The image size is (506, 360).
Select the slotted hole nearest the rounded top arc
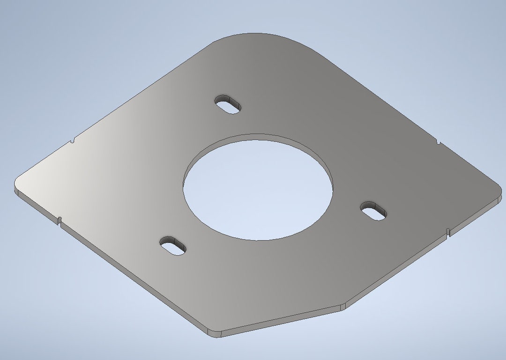coord(229,104)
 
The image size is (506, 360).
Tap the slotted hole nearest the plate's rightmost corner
coord(374,210)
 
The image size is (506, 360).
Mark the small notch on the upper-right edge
coord(438,141)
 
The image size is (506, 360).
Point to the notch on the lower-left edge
coord(60,220)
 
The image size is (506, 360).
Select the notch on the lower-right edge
coord(448,231)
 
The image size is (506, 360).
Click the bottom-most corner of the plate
coord(214,333)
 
